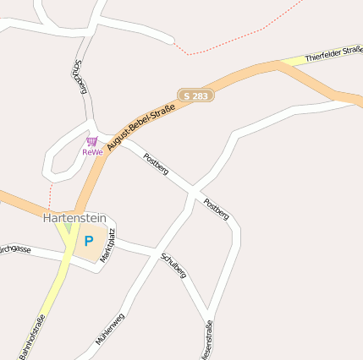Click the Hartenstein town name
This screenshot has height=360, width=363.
(75, 218)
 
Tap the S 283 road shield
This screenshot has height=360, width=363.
(195, 96)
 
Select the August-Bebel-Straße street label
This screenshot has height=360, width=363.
(141, 123)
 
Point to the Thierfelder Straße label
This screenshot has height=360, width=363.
(333, 55)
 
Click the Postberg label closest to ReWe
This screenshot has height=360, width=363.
(156, 164)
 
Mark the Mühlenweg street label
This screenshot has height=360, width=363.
(111, 328)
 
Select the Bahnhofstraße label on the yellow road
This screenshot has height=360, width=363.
(30, 336)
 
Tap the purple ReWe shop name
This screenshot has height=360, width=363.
(92, 152)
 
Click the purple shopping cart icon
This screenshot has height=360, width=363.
(91, 141)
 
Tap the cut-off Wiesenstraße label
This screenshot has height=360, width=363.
(209, 338)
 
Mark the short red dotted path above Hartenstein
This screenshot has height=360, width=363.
(51, 197)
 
